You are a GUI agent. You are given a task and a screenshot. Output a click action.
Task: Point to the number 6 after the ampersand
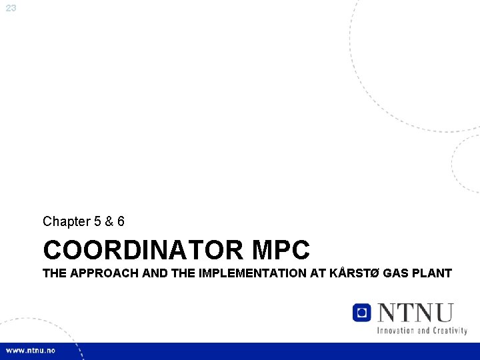pyautogui.click(x=121, y=221)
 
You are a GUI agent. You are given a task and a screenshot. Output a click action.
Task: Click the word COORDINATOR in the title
pyautogui.click(x=143, y=251)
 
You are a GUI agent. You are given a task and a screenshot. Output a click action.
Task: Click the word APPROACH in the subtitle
pyautogui.click(x=95, y=273)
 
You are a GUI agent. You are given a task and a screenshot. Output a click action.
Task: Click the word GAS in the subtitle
pyautogui.click(x=393, y=273)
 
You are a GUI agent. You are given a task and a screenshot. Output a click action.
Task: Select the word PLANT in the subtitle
pyautogui.click(x=432, y=273)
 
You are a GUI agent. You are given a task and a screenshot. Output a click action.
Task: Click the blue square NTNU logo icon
pyautogui.click(x=361, y=312)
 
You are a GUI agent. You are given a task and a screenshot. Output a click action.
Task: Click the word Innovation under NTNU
pyautogui.click(x=397, y=330)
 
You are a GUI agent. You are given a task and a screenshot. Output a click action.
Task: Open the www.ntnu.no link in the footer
pyautogui.click(x=31, y=351)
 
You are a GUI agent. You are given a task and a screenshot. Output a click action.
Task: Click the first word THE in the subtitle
pyautogui.click(x=54, y=273)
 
